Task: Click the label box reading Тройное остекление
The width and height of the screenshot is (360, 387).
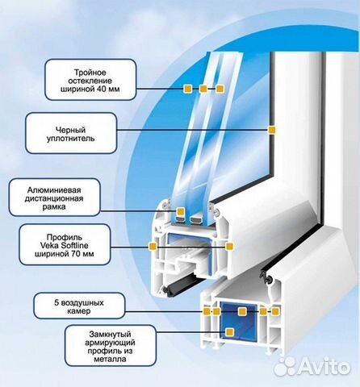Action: (90, 80)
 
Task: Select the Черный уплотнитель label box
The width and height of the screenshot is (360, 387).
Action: (71, 133)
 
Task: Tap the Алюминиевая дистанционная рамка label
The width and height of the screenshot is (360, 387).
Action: (55, 198)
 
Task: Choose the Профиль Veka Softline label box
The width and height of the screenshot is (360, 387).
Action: (65, 245)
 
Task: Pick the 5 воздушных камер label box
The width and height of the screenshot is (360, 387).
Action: (79, 306)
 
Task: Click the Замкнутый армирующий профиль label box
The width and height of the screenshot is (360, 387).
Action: (111, 346)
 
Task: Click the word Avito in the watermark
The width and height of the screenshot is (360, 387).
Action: (324, 365)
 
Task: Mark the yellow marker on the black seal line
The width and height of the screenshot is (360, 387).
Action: (272, 130)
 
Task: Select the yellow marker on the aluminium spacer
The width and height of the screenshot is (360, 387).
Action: (180, 211)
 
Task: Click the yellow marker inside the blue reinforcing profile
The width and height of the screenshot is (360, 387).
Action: (229, 332)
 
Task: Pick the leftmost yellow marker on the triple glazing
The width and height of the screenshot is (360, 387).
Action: (187, 89)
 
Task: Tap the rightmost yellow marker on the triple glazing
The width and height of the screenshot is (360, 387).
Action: (220, 89)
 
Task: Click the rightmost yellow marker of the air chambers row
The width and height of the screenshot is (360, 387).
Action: (275, 312)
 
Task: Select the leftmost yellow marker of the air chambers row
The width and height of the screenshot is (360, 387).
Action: (207, 312)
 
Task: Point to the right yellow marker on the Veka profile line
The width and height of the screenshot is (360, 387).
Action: (229, 246)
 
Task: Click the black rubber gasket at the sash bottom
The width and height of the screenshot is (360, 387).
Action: (181, 285)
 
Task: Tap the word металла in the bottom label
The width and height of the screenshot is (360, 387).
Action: (110, 359)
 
